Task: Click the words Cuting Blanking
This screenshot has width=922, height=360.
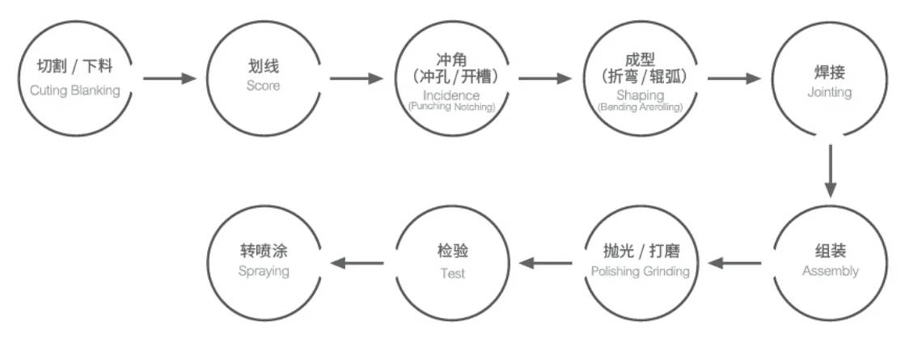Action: coord(74,90)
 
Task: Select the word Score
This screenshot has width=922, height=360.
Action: coord(264,85)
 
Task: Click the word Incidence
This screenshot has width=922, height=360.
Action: coord(452,95)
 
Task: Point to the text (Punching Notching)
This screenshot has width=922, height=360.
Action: coord(452,106)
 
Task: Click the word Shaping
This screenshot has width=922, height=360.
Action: coord(641,95)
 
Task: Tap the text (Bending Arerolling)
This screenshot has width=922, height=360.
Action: coord(641,106)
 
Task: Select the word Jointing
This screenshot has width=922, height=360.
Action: coord(829,92)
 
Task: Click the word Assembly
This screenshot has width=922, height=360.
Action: coord(830,271)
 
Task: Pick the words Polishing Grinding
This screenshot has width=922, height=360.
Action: coord(641,271)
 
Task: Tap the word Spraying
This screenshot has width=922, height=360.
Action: coord(264,271)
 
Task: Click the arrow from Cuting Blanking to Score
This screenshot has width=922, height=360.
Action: coord(170,78)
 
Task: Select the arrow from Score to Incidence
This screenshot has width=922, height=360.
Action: coord(357,78)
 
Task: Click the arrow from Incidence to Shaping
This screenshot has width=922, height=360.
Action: coord(545,78)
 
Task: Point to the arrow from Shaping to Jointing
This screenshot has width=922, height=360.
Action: coord(734,78)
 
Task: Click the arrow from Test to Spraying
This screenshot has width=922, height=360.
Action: coord(357,262)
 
